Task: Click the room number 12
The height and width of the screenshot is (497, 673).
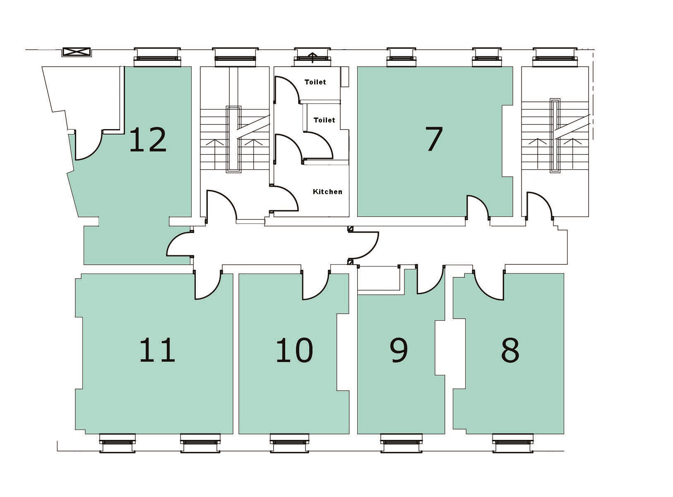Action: (x=148, y=139)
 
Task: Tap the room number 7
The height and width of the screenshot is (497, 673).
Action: (x=434, y=139)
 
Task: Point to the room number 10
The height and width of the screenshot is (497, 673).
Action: (x=294, y=350)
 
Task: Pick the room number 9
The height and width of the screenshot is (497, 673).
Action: (x=399, y=351)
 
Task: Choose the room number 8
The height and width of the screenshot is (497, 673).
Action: (x=510, y=351)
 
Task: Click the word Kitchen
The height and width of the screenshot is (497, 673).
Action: (x=327, y=192)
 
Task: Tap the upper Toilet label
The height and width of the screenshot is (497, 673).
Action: (x=315, y=82)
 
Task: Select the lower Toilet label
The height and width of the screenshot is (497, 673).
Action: (x=324, y=120)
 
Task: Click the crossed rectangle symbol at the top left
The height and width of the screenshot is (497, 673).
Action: (x=77, y=52)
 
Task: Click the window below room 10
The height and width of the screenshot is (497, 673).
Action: (x=289, y=443)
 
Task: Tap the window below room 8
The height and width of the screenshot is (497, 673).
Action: (x=513, y=443)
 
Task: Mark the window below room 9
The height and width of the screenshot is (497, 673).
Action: (x=401, y=443)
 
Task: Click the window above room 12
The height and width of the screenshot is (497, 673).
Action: (x=157, y=57)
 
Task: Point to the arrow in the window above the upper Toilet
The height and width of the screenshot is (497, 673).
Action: (x=312, y=58)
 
